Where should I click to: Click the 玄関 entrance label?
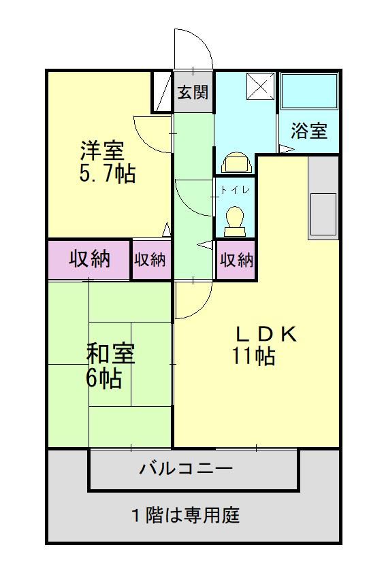[193, 93]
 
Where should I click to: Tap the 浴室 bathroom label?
[309, 131]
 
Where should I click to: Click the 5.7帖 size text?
[107, 174]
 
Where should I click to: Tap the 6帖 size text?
[103, 378]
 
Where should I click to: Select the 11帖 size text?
[254, 356]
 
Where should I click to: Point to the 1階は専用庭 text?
[185, 515]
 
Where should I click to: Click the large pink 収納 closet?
[89, 259]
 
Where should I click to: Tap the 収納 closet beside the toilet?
[236, 259]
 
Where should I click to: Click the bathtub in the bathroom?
[309, 91]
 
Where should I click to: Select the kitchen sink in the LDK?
[323, 212]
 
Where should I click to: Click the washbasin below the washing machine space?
[236, 163]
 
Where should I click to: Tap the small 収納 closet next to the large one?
[150, 259]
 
